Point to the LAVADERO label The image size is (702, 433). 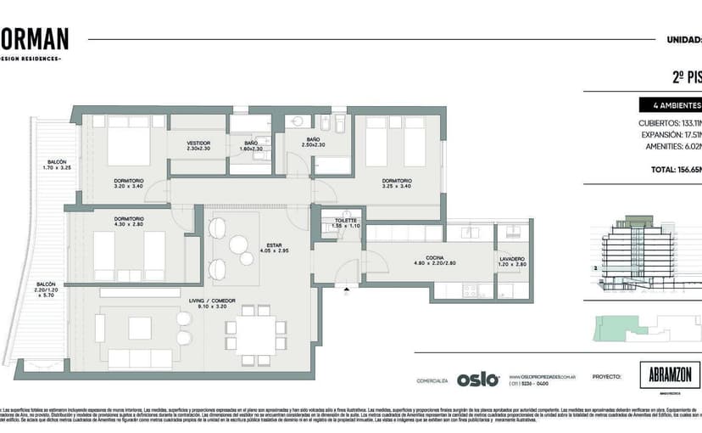point(512,258)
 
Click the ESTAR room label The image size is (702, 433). point(274,245)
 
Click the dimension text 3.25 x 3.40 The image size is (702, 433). point(397,187)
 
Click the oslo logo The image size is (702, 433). point(478,380)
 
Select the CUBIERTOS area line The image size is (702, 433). point(669,123)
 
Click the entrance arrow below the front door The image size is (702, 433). point(346,290)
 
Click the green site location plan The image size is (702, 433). point(648,327)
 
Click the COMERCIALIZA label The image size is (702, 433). point(433,380)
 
